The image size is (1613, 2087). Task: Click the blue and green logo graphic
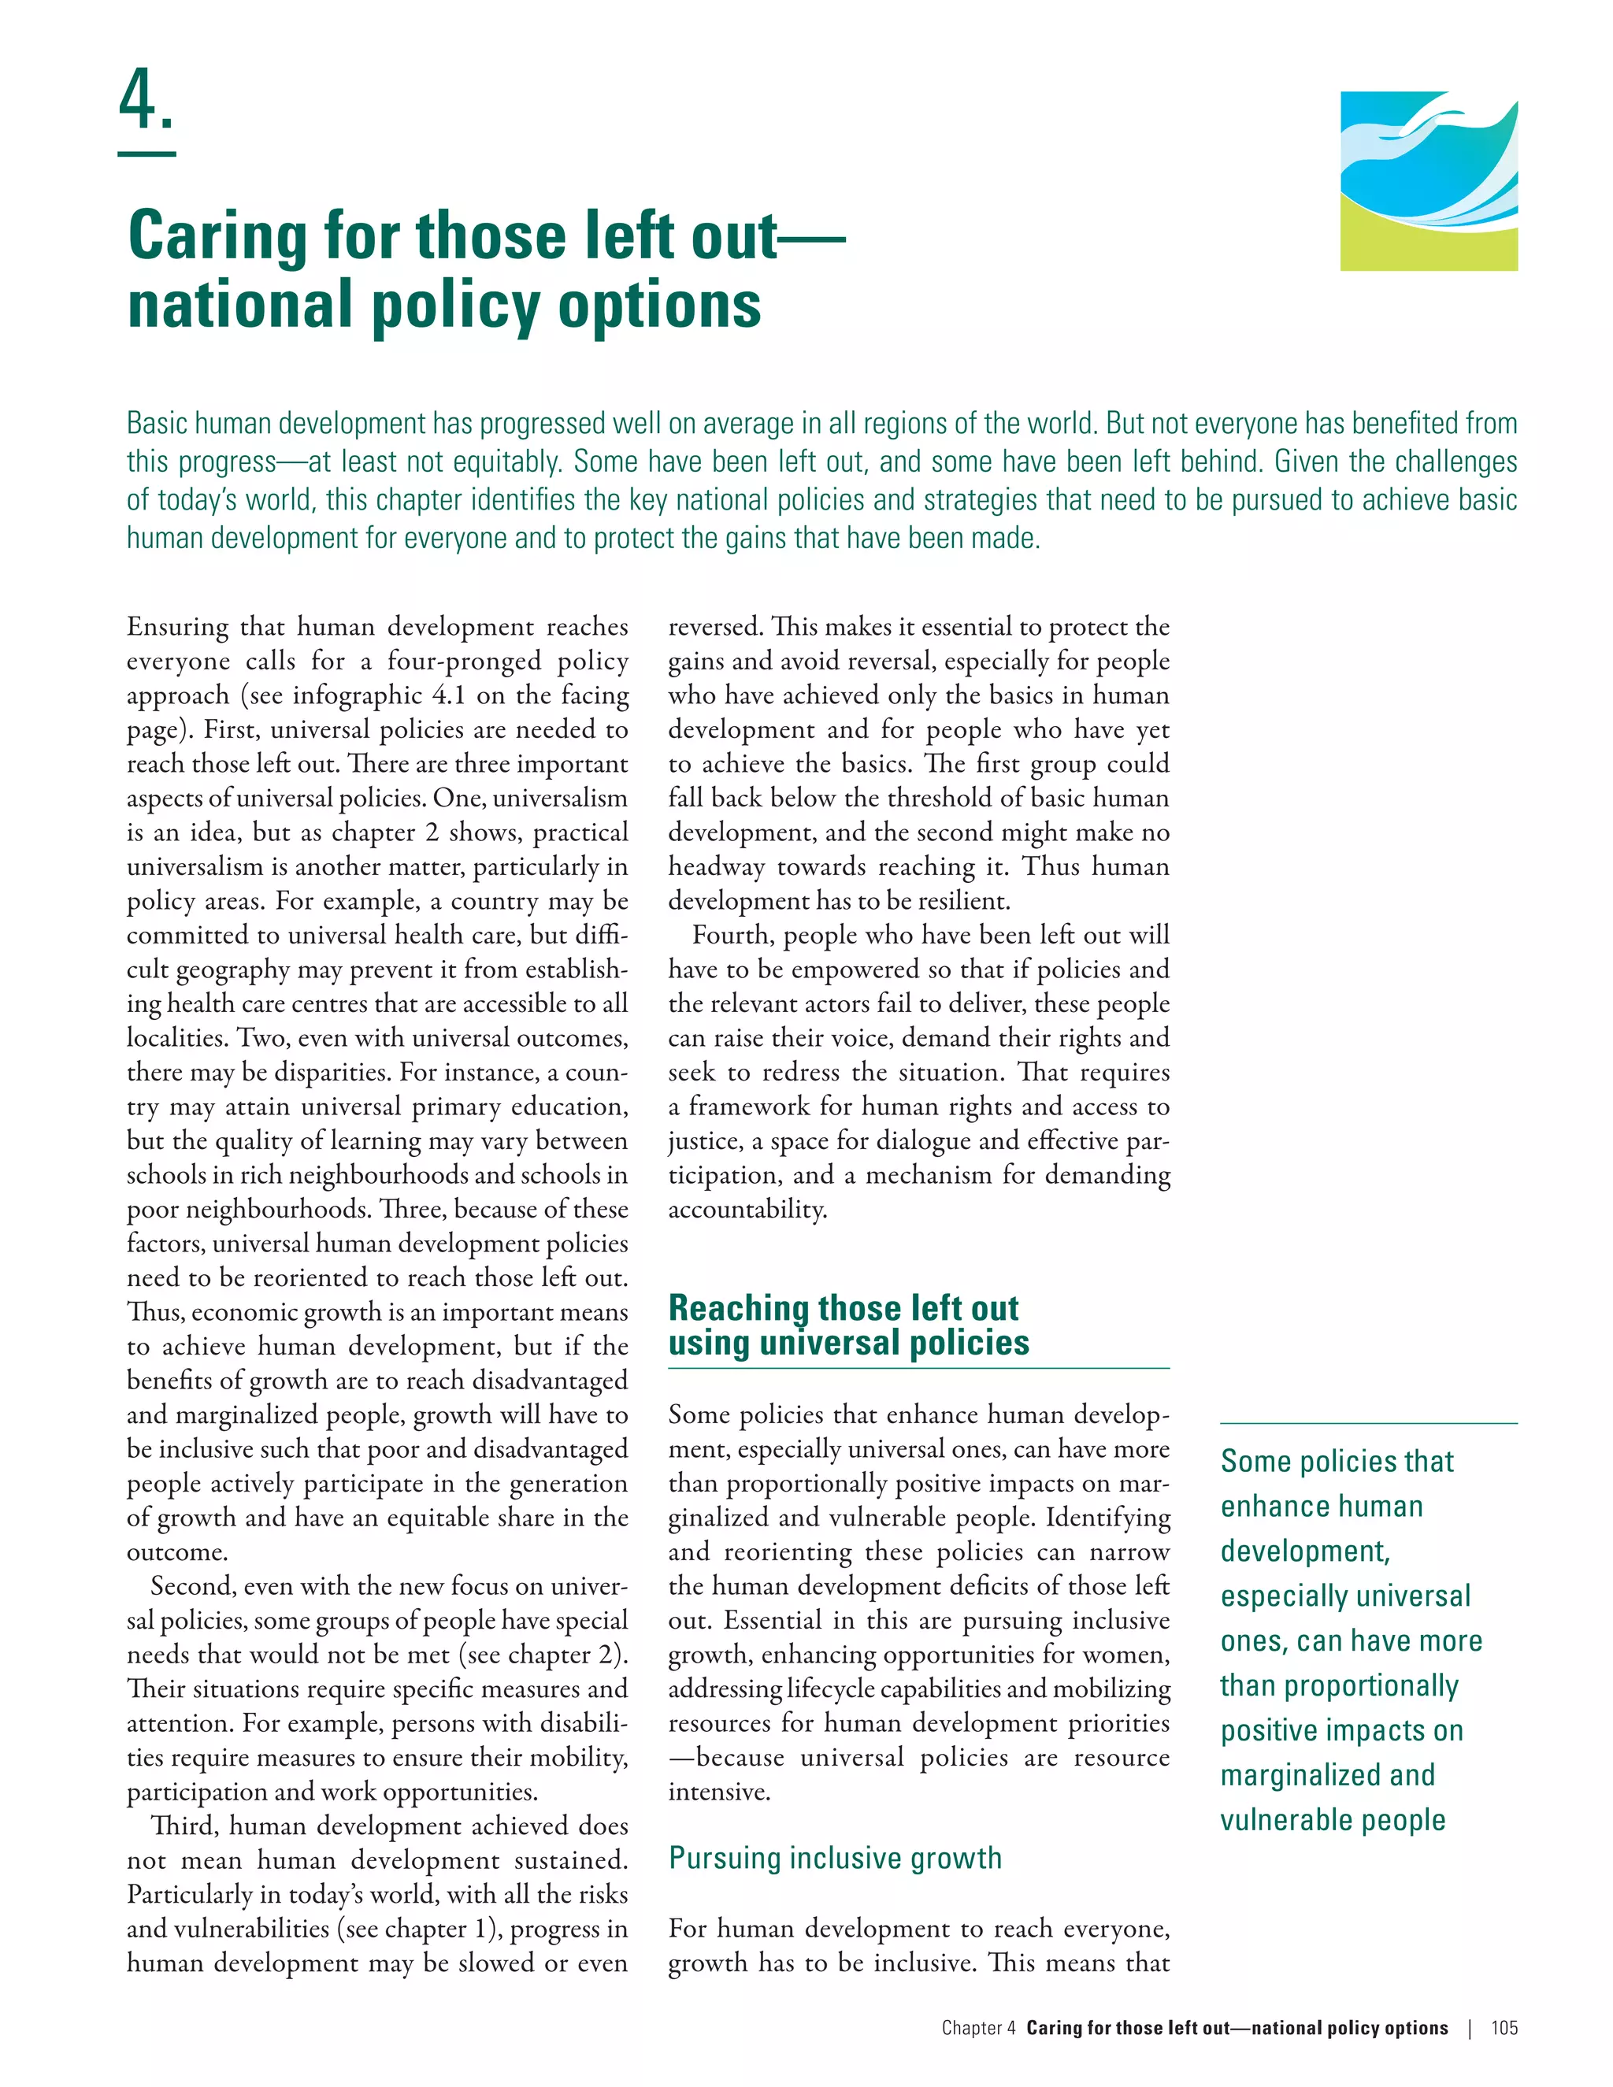click(1428, 180)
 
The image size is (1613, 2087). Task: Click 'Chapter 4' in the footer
click(977, 2028)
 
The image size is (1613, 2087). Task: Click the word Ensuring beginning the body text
click(178, 627)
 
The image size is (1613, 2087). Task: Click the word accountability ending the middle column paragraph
click(747, 1210)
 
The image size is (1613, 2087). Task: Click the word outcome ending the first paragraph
click(176, 1552)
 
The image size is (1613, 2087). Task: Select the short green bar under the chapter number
click(146, 154)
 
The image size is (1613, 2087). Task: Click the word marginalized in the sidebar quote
click(1300, 1775)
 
